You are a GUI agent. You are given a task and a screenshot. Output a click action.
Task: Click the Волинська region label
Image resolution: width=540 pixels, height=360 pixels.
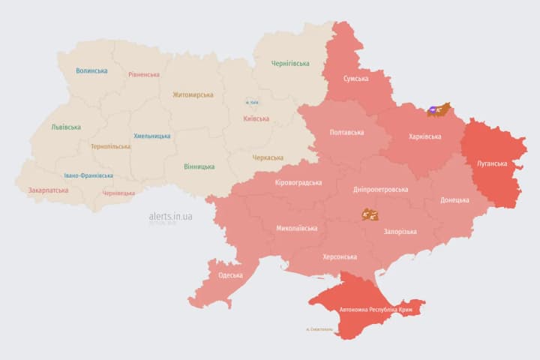click(91, 71)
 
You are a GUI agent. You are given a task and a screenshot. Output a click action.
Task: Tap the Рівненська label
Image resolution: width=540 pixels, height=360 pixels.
click(144, 74)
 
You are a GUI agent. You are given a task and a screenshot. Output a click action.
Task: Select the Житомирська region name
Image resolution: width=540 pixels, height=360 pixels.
click(193, 95)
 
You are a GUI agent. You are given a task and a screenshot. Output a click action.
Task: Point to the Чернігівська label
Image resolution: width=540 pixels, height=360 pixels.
click(290, 64)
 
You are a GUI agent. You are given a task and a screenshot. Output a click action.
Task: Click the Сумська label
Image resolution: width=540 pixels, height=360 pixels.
click(355, 78)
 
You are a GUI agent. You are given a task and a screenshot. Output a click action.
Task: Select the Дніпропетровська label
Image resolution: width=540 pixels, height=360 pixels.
click(380, 189)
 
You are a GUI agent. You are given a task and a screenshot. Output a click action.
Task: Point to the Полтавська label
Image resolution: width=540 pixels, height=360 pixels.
click(347, 132)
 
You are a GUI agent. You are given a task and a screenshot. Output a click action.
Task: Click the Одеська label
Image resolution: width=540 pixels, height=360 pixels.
click(230, 275)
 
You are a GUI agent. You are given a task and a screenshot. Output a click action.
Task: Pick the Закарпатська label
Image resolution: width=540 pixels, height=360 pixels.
click(48, 190)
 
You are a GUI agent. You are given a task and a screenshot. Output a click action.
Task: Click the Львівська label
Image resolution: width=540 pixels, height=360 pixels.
click(66, 127)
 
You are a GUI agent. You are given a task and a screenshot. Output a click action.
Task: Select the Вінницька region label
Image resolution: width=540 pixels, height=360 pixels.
click(199, 166)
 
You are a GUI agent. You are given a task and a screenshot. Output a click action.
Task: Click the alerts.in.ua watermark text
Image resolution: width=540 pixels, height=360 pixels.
click(170, 216)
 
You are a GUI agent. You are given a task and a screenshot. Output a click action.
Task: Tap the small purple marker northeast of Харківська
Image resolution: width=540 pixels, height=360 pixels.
click(433, 111)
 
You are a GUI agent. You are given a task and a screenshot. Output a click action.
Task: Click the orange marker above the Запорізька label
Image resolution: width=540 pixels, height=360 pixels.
click(370, 214)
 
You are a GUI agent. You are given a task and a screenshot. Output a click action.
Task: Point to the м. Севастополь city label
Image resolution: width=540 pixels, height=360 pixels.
click(320, 329)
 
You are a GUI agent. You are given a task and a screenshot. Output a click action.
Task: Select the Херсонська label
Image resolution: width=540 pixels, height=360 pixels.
click(340, 256)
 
